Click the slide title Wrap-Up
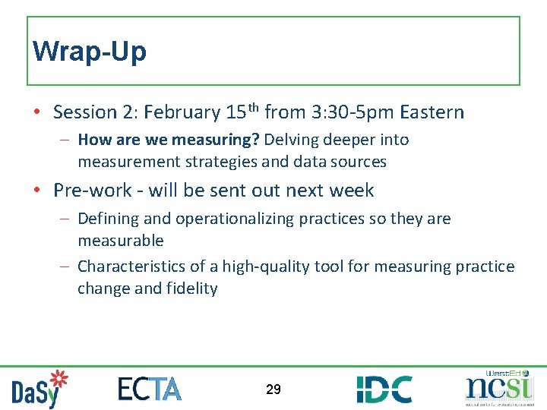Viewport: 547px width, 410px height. click(x=90, y=52)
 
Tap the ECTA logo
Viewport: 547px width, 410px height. click(x=150, y=388)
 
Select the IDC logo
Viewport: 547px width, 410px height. click(x=384, y=389)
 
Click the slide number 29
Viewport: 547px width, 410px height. click(x=273, y=389)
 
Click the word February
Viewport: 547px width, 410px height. click(x=182, y=113)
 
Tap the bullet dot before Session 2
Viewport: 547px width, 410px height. click(x=37, y=113)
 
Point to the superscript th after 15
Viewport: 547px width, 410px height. click(x=252, y=108)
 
